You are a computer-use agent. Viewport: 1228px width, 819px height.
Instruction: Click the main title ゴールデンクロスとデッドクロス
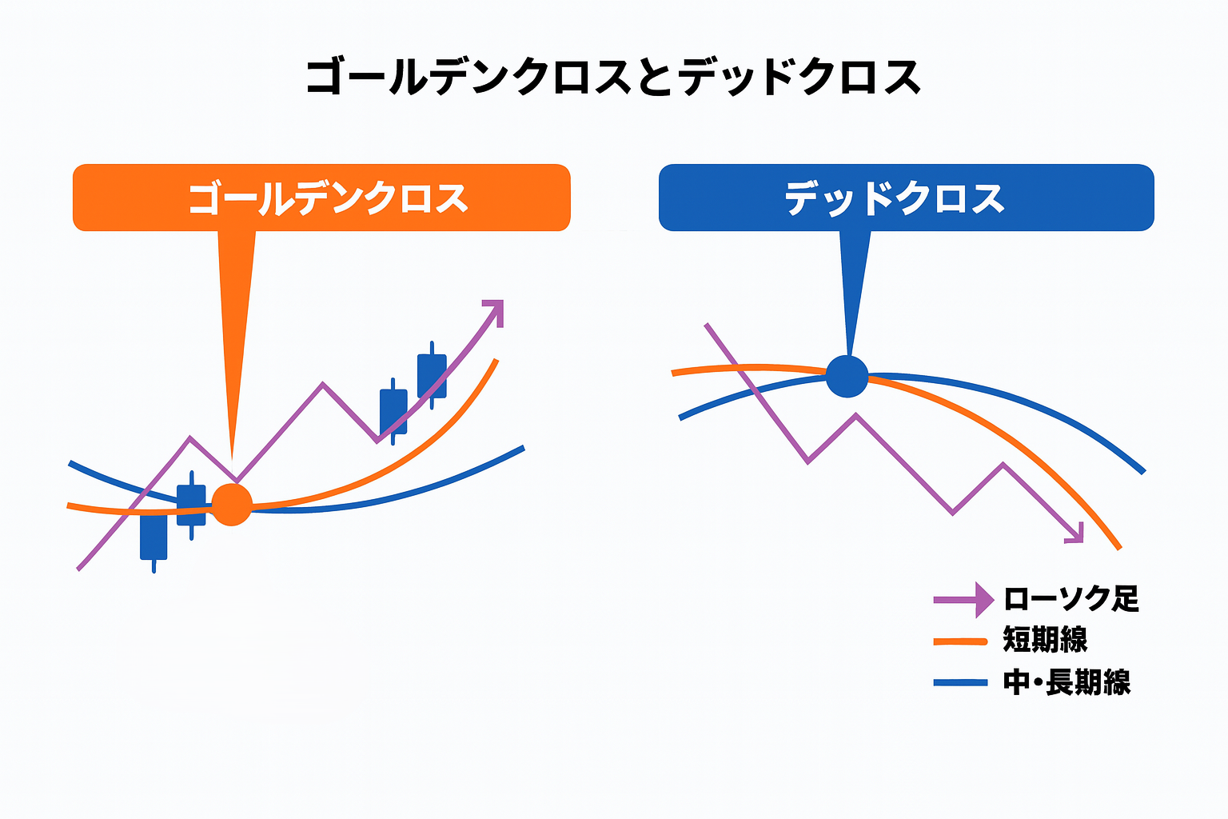click(613, 77)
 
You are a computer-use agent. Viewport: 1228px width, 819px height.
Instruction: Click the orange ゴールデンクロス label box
click(322, 198)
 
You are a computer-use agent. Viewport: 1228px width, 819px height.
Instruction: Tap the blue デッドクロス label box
click(906, 198)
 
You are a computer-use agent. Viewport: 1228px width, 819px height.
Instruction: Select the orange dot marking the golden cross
click(232, 505)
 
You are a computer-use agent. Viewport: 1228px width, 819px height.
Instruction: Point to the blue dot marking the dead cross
click(847, 377)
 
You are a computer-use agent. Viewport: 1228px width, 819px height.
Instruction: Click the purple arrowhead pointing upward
click(494, 312)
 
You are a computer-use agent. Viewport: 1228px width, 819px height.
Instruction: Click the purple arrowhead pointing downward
click(1075, 533)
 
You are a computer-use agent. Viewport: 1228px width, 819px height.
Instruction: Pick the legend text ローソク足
click(1071, 598)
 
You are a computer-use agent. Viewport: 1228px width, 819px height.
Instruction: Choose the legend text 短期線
click(1045, 640)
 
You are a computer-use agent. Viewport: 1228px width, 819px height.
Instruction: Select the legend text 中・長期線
click(1067, 683)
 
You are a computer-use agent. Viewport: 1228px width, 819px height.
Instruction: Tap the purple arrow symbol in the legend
click(963, 600)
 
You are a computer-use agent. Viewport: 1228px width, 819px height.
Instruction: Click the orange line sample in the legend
click(960, 641)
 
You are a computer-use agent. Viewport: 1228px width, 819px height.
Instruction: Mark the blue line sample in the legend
click(960, 683)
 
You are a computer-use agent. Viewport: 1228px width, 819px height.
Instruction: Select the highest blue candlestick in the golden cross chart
click(432, 376)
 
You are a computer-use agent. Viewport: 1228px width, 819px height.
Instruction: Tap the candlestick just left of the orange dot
click(191, 505)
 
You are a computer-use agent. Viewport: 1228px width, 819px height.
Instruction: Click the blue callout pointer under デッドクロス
click(854, 294)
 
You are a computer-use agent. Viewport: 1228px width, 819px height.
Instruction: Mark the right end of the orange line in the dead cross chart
click(1119, 548)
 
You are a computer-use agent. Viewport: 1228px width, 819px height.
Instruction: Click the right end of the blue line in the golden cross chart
click(524, 448)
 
